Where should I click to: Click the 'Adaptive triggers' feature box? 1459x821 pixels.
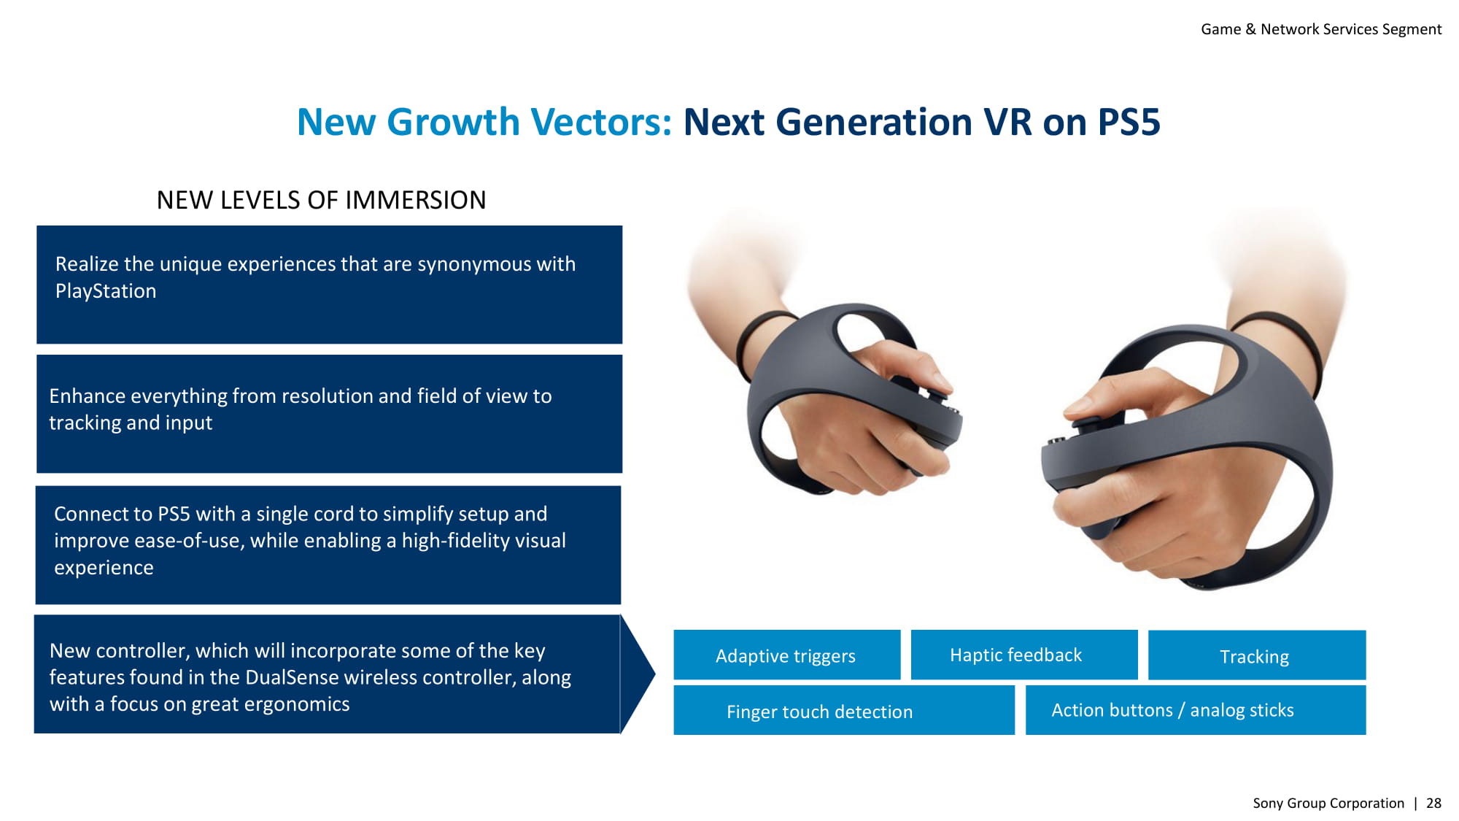[786, 655]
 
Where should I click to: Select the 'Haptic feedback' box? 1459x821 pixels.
[1024, 655]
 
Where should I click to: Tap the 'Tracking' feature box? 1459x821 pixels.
[1257, 655]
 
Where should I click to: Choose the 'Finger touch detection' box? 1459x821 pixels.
[844, 710]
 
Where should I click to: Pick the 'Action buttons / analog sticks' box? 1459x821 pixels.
[1196, 710]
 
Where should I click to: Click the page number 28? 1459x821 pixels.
[1433, 803]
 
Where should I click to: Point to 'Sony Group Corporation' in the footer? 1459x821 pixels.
[1328, 803]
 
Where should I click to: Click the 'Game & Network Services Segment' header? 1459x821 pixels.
[1321, 29]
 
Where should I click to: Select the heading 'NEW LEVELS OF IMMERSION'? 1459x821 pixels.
[321, 200]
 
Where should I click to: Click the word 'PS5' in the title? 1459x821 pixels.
[1129, 122]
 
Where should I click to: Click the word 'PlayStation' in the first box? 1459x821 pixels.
[106, 291]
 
